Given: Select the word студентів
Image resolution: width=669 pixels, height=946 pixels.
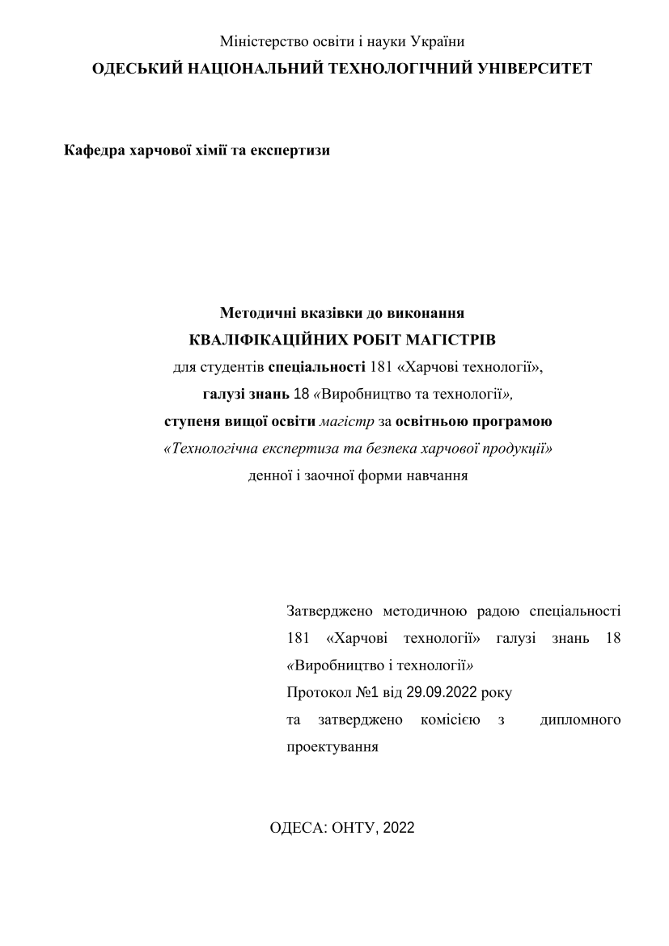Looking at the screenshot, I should pyautogui.click(x=232, y=367).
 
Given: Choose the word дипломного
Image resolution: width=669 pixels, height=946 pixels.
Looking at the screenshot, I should pyautogui.click(x=580, y=720).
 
